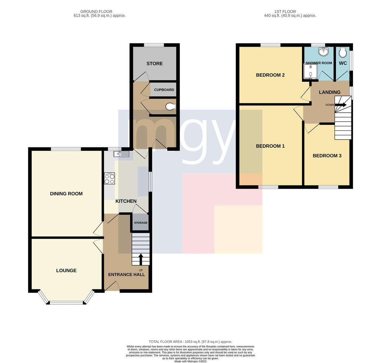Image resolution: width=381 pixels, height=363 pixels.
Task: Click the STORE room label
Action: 154,64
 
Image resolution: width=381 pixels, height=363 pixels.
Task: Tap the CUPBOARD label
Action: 164,90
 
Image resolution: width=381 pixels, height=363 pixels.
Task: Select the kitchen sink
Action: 121,154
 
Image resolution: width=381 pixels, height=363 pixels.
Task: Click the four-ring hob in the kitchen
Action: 110,178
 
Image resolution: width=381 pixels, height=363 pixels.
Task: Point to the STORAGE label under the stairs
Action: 141,223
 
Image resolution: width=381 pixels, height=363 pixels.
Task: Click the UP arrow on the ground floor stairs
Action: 141,259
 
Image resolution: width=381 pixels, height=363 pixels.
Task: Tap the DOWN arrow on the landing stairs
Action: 340,105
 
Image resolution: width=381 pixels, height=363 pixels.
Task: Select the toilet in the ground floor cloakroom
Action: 171,106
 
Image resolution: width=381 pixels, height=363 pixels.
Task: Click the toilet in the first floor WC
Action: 343,52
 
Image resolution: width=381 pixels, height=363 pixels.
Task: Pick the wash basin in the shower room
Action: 323,51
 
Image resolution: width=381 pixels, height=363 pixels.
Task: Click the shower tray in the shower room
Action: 311,71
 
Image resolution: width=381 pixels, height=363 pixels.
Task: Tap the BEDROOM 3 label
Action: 327,156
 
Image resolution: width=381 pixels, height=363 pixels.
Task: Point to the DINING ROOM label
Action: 66,193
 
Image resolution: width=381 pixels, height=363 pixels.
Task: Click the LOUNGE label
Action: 66,271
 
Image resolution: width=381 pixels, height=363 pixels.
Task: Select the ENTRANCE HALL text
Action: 126,275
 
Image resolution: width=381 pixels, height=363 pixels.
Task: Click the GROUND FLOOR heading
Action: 96,11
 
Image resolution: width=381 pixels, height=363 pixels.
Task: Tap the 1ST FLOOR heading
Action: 285,11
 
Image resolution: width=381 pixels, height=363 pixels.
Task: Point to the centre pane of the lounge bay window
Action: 66,303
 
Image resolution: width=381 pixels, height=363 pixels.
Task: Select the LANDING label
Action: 330,92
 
